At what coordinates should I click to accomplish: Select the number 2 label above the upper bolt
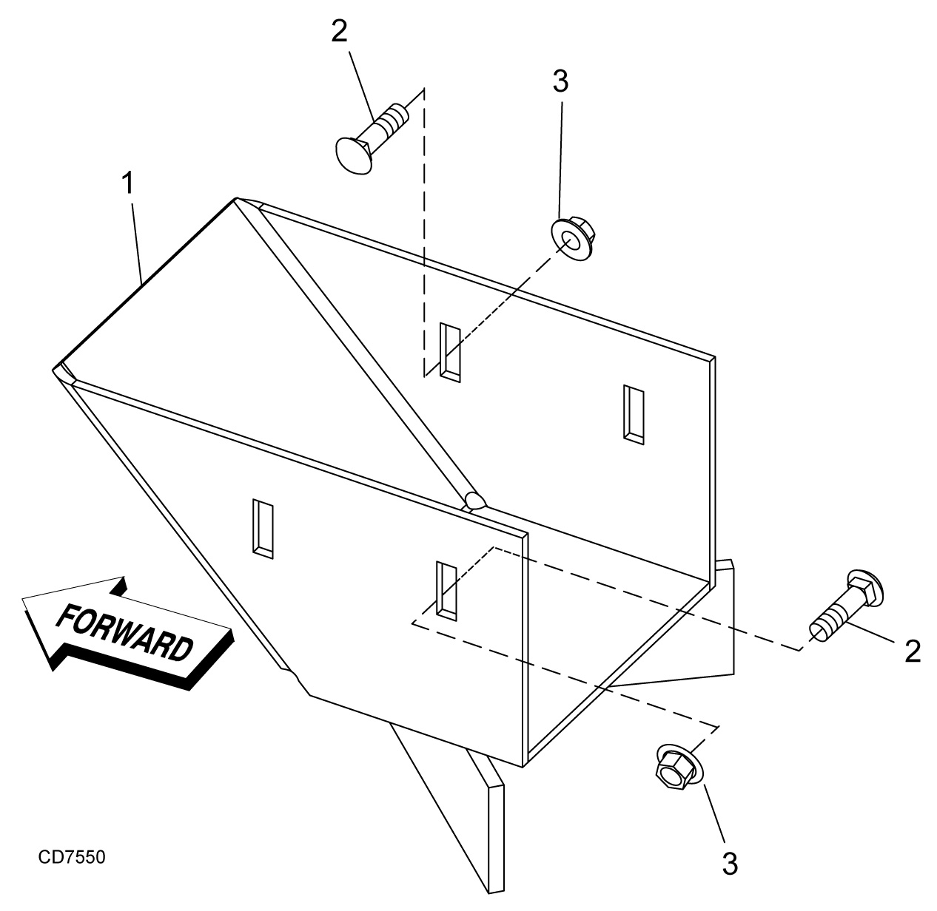pyautogui.click(x=339, y=32)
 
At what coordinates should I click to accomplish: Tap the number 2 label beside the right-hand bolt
pyautogui.click(x=912, y=651)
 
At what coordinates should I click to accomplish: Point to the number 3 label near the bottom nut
pyautogui.click(x=729, y=863)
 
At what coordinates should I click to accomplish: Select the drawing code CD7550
pyautogui.click(x=72, y=858)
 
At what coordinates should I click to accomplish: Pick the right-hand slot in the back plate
pyautogui.click(x=633, y=414)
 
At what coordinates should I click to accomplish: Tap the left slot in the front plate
pyautogui.click(x=263, y=527)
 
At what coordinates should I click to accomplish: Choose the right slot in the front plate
pyautogui.click(x=446, y=589)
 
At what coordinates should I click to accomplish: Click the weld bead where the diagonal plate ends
pyautogui.click(x=474, y=501)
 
